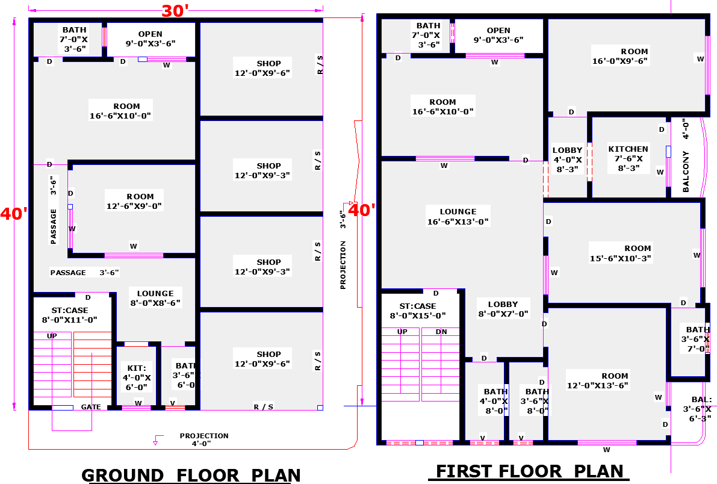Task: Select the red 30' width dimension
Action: tap(175, 11)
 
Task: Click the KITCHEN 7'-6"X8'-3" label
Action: tap(628, 159)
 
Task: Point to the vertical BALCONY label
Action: tap(686, 172)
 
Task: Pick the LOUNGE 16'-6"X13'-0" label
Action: tap(458, 217)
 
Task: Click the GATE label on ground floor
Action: tap(91, 407)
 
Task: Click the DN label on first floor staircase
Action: tap(441, 332)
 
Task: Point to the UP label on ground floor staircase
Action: tap(52, 335)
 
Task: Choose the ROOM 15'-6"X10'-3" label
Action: tap(621, 253)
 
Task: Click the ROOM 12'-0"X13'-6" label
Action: tap(598, 380)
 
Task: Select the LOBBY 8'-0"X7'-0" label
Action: tap(503, 309)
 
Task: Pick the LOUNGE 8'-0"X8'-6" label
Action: tap(155, 298)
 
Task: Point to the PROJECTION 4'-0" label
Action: tap(203, 439)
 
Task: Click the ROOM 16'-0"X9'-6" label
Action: tap(619, 56)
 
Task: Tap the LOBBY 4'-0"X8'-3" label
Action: tap(567, 160)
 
